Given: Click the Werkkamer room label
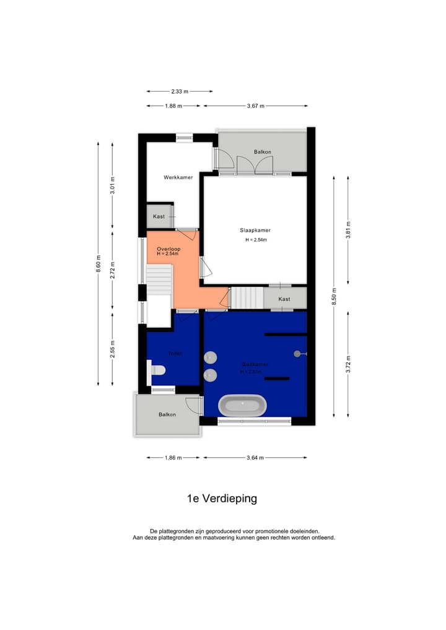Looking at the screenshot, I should [x=178, y=177].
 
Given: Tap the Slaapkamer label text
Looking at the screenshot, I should [x=255, y=230].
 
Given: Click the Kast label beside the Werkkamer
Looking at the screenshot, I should [x=159, y=216].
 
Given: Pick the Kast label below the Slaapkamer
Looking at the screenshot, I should [x=284, y=299].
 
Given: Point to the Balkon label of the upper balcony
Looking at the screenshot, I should [x=262, y=152].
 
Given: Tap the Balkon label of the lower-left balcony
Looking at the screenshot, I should [x=167, y=414].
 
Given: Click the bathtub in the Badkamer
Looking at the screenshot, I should [x=243, y=406].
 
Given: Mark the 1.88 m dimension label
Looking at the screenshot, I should [x=173, y=106].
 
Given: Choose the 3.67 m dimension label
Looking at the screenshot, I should [x=255, y=106].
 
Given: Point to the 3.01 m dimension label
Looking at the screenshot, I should [x=112, y=186].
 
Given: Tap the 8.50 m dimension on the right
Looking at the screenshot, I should [x=334, y=296].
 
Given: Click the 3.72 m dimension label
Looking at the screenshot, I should [x=348, y=364].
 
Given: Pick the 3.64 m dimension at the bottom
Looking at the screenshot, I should [x=255, y=458].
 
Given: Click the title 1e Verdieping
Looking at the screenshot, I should [x=222, y=498].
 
